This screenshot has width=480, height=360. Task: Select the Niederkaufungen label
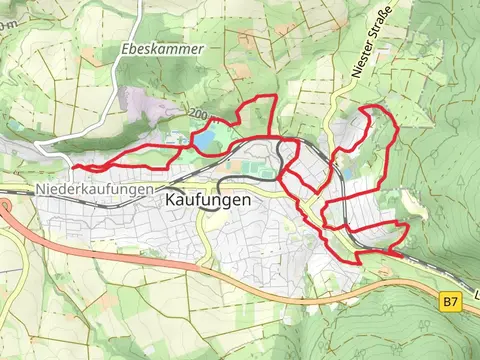click(94, 189)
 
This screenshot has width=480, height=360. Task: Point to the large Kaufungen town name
click(205, 199)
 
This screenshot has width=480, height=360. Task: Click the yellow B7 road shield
click(451, 300)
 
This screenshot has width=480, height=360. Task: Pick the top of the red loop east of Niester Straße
click(372, 106)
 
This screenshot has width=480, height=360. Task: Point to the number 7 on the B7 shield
click(455, 300)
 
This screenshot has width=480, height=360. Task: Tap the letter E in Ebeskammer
click(122, 48)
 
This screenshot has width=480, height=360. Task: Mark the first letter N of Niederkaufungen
click(40, 189)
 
